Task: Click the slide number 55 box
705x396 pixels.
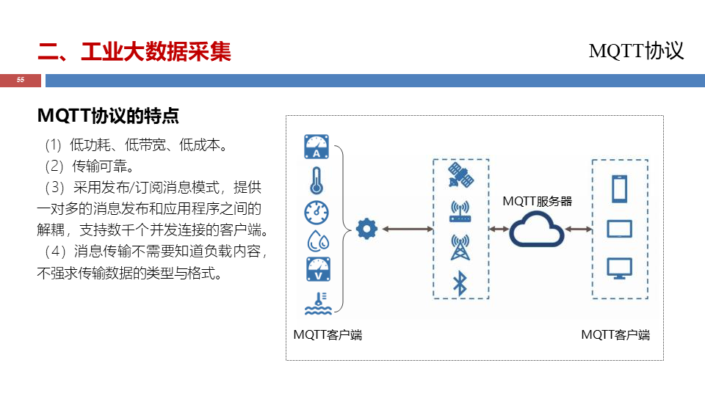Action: (x=20, y=80)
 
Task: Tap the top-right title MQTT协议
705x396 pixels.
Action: (x=636, y=51)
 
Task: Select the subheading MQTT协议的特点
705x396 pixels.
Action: (x=108, y=116)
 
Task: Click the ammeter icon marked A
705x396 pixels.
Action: (x=317, y=147)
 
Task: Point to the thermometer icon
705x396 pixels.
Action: (x=317, y=180)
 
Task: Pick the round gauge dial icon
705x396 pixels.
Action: (x=317, y=212)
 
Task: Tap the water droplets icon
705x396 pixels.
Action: (x=317, y=241)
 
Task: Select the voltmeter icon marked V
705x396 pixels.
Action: (x=317, y=269)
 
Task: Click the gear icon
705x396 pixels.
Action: (x=366, y=230)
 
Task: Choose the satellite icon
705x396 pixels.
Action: (x=460, y=177)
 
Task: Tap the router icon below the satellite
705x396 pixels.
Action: (x=460, y=212)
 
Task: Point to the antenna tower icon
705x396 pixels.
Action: (x=460, y=247)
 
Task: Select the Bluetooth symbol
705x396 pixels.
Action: (x=460, y=283)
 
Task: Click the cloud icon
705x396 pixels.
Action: (x=538, y=230)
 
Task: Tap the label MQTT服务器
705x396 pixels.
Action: (x=537, y=201)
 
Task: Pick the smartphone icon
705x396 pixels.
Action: (x=619, y=189)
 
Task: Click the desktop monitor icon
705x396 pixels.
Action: (x=619, y=267)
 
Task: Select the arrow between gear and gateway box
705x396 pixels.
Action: (x=408, y=230)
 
